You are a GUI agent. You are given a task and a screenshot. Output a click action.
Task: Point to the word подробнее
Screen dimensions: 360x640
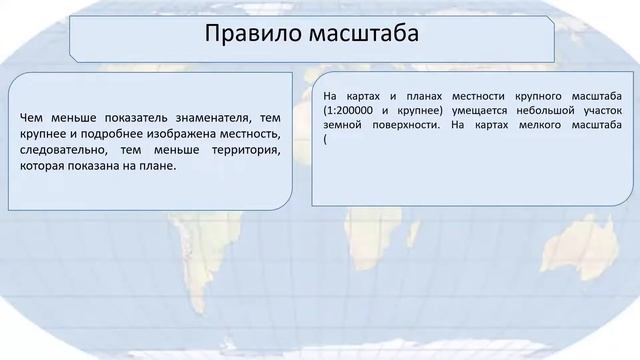click(109, 135)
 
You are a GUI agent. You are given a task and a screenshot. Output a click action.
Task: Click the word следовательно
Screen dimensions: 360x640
click(59, 151)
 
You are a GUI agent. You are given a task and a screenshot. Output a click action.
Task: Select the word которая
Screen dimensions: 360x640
click(43, 167)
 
